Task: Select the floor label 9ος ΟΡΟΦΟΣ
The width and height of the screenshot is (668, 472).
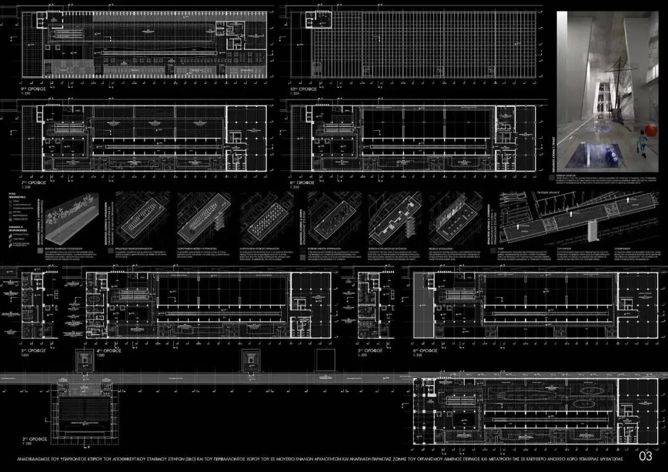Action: coord(34,88)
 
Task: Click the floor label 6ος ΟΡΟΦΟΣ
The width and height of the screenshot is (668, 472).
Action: coord(426,351)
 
